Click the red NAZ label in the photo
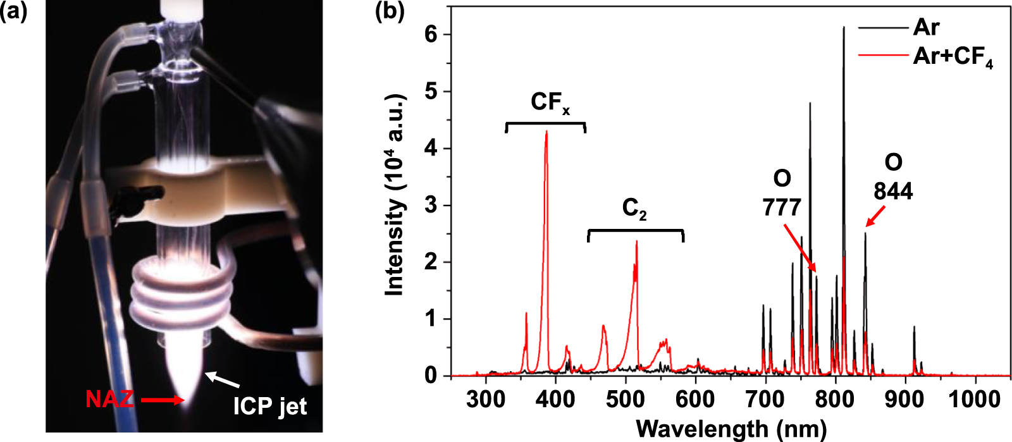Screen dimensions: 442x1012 (109, 400)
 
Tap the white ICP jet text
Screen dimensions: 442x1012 (269, 405)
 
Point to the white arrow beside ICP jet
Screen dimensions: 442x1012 (223, 379)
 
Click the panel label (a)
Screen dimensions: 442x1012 (13, 12)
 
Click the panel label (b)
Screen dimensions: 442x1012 (390, 12)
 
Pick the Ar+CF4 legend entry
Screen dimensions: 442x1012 (952, 57)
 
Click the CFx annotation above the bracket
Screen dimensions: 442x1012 (550, 103)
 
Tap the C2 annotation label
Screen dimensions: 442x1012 (634, 208)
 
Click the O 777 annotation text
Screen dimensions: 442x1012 (782, 193)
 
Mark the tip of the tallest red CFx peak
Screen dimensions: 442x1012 (546, 132)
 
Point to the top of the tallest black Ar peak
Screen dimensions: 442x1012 (843, 27)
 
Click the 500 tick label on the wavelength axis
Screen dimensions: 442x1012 (626, 399)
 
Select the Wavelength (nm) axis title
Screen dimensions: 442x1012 (731, 429)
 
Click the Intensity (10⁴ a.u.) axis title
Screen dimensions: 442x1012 (395, 196)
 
